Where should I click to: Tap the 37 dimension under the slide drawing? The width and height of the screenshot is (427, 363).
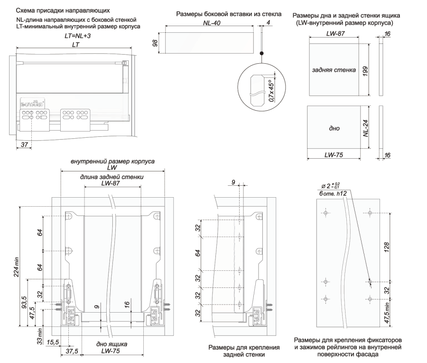pyautogui.click(x=24, y=145)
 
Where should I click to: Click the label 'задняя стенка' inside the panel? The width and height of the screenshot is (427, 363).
pyautogui.click(x=334, y=70)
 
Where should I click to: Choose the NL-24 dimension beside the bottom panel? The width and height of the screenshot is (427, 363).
pyautogui.click(x=373, y=127)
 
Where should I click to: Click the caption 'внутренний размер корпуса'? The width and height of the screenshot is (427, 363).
pyautogui.click(x=112, y=161)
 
